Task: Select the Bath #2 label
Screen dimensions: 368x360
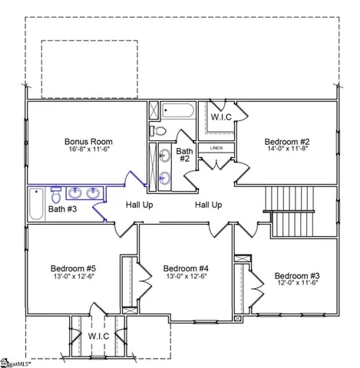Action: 184,156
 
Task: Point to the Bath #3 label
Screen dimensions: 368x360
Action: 61,209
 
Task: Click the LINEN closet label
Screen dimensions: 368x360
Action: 216,148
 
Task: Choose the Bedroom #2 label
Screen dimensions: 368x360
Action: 287,142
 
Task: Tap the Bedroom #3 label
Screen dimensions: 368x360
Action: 297,276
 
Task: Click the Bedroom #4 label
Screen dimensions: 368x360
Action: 187,269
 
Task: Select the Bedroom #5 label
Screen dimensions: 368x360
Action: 73,269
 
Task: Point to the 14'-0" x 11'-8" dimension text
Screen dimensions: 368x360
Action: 287,151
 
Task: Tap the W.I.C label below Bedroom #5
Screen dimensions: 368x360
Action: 98,336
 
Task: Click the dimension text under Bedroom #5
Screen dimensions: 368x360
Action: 73,278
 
